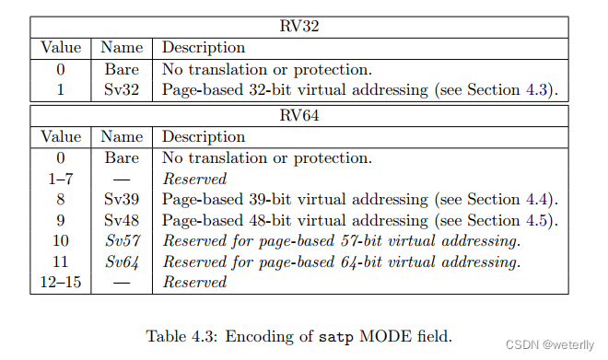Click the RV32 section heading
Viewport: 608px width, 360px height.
tap(299, 27)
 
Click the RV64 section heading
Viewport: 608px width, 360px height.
tap(299, 116)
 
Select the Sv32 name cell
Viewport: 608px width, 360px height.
tap(121, 89)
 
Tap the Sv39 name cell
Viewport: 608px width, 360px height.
tap(121, 199)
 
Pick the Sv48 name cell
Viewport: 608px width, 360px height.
tap(121, 220)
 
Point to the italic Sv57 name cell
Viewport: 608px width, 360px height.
tap(121, 240)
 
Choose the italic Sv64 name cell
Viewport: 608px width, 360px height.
tap(121, 261)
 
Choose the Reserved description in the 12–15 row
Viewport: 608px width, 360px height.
tap(194, 282)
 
